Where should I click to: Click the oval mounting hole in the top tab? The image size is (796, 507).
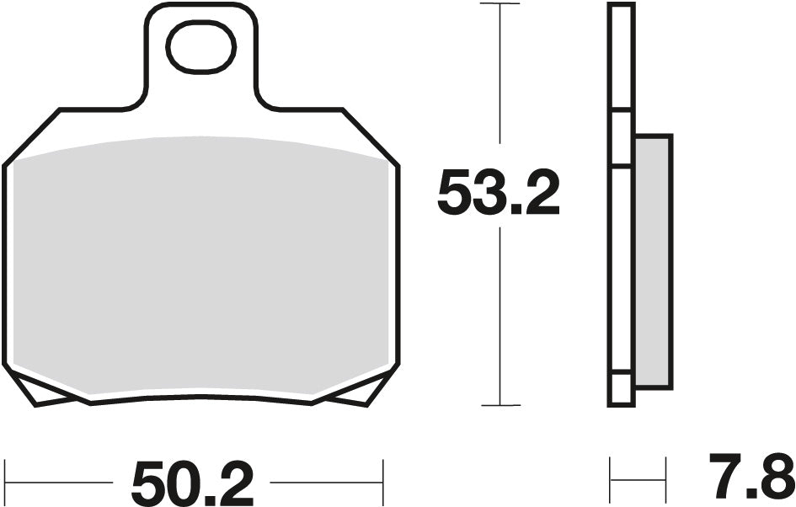200,46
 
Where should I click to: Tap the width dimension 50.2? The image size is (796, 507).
192,483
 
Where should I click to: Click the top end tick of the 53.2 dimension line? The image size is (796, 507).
500,4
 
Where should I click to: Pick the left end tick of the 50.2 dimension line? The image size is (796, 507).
7,483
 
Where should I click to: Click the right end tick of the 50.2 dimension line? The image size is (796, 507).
383,483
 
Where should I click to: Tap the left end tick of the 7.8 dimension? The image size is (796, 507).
611,481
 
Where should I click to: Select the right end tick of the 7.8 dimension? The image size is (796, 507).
665,481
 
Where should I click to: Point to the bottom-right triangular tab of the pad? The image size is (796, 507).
357,391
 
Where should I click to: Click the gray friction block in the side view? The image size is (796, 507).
652,261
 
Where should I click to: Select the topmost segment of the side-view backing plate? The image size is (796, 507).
620,57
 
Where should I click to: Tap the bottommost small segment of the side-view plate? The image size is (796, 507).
620,390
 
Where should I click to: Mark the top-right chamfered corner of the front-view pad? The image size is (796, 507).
371,135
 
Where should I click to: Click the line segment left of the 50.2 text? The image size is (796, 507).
59,483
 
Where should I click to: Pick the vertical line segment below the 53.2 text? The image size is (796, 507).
500,320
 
